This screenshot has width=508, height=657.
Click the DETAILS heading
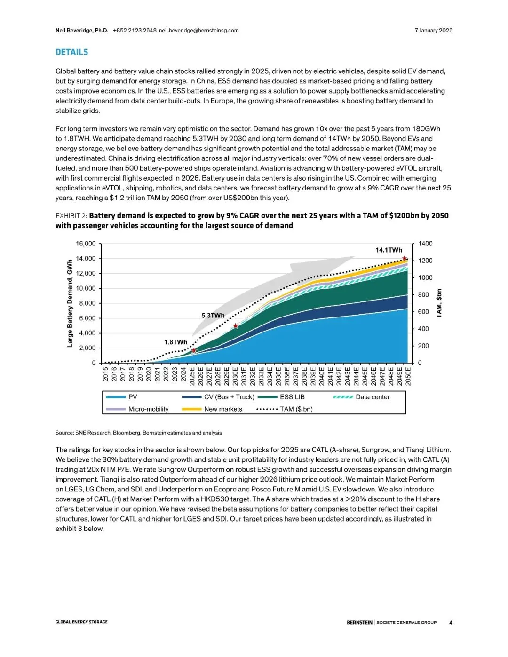click(x=71, y=52)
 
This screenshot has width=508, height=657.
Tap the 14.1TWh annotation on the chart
click(x=389, y=250)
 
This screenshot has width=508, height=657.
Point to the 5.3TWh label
click(x=213, y=315)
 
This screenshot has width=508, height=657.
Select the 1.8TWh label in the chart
click(x=175, y=342)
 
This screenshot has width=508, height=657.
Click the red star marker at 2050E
click(x=405, y=259)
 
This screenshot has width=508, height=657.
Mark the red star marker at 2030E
click(x=236, y=326)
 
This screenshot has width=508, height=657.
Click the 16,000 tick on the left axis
click(x=86, y=244)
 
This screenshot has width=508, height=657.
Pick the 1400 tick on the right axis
click(x=425, y=244)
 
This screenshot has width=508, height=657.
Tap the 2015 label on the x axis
click(x=106, y=374)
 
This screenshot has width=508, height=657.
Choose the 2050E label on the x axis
click(x=408, y=376)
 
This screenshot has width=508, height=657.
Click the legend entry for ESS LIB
click(x=292, y=397)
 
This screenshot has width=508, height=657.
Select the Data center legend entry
click(x=373, y=397)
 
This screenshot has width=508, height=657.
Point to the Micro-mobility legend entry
click(x=148, y=409)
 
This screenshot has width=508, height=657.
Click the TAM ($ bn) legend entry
click(x=296, y=409)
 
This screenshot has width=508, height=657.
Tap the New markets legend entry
click(x=223, y=409)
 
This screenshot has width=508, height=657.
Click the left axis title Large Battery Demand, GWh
click(x=70, y=303)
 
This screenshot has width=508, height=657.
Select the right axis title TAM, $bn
click(x=439, y=303)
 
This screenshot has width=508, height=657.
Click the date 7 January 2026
click(x=433, y=30)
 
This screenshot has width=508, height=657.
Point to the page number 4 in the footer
click(x=451, y=622)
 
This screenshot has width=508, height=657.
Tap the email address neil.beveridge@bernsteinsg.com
click(x=198, y=30)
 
